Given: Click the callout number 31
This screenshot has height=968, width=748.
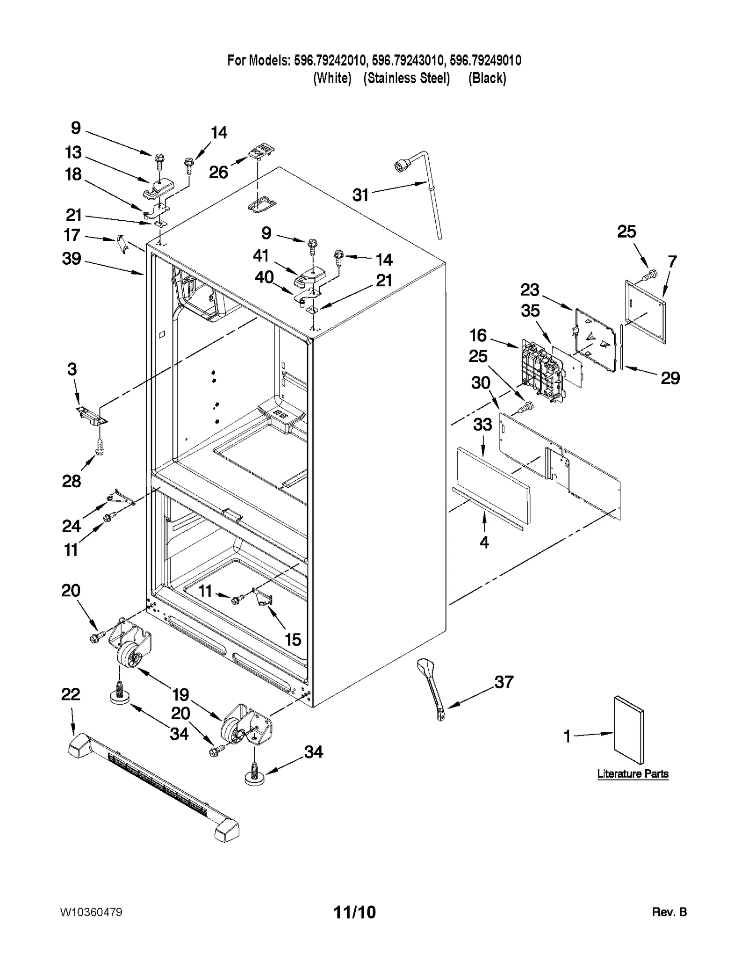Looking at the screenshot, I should pyautogui.click(x=360, y=195).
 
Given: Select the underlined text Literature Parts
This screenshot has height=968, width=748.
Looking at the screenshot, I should pyautogui.click(x=633, y=774).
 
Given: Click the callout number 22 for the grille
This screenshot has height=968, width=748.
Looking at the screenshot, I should pyautogui.click(x=71, y=694).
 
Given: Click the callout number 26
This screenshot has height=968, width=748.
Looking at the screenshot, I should pyautogui.click(x=218, y=172).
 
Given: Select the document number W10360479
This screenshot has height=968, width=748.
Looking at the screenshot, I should pyautogui.click(x=91, y=912).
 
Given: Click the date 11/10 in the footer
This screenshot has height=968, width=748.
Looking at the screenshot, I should pyautogui.click(x=354, y=912).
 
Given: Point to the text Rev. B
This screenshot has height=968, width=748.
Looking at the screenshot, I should pyautogui.click(x=669, y=912).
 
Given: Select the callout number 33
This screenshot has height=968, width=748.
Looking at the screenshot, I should pyautogui.click(x=482, y=424).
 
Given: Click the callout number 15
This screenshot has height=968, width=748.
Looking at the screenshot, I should pyautogui.click(x=293, y=639).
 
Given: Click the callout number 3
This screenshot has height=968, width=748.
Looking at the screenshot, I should pyautogui.click(x=72, y=369).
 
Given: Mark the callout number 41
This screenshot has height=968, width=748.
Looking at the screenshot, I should pyautogui.click(x=261, y=255).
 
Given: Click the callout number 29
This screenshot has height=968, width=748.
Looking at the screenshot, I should pyautogui.click(x=670, y=378).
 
